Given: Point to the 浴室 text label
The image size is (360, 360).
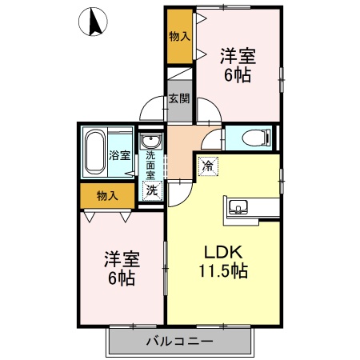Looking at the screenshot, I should [120, 154].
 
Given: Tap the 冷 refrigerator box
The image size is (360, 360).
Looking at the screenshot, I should [207, 166].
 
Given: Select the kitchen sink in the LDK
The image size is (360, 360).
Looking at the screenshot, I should [238, 209].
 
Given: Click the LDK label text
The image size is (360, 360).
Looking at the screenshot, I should [218, 250].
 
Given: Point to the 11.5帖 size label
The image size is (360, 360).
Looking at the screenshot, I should [222, 270].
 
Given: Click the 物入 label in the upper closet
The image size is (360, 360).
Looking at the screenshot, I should [179, 36].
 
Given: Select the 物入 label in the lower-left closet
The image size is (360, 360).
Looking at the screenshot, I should [107, 195].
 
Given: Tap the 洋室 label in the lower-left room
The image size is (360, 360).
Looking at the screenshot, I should [122, 259].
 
